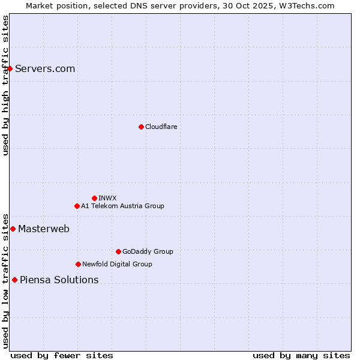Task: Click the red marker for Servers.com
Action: (10, 68)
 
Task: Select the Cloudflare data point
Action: (141, 127)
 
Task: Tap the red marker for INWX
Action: (94, 198)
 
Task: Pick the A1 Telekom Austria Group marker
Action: (77, 206)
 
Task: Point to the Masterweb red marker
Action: (13, 229)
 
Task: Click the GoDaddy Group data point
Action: (118, 251)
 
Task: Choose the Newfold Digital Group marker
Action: (78, 264)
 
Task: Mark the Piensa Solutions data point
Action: (14, 280)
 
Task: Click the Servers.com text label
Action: (45, 68)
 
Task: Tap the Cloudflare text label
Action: (161, 127)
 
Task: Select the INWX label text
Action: (107, 198)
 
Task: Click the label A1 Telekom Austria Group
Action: (122, 206)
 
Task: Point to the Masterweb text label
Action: (44, 229)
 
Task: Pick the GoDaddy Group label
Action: (148, 251)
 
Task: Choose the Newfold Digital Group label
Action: (117, 264)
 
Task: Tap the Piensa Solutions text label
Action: (59, 280)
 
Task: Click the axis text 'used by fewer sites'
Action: (62, 355)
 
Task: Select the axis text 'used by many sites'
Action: (301, 355)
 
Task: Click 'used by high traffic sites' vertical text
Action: (5, 85)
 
